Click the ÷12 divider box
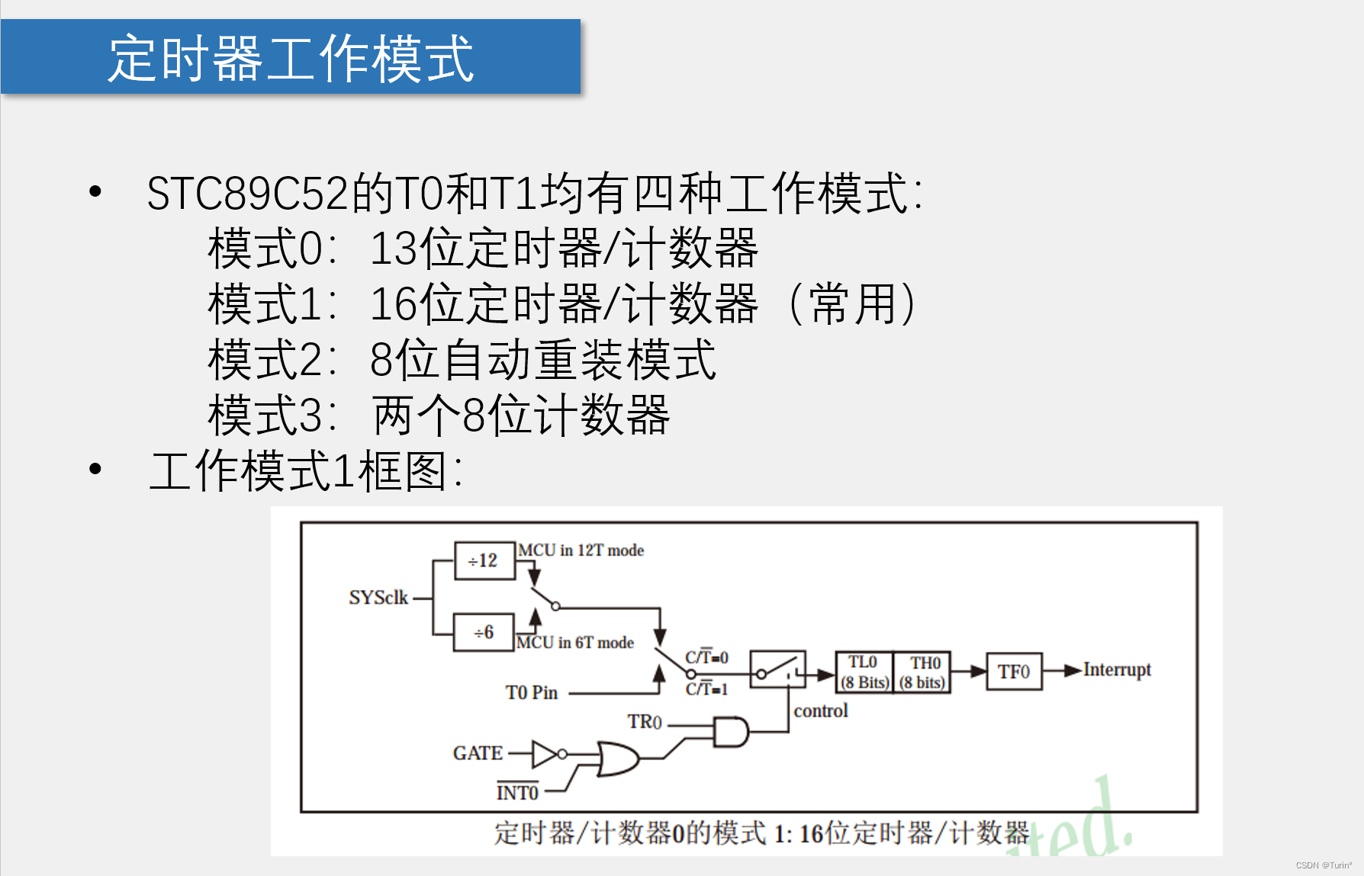(x=484, y=561)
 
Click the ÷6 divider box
(x=483, y=632)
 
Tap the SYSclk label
(x=378, y=598)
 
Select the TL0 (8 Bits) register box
(x=864, y=672)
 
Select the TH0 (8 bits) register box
(x=922, y=672)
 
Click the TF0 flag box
(x=1014, y=672)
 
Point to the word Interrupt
(x=1117, y=670)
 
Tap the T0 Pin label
(x=532, y=693)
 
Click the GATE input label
(x=478, y=753)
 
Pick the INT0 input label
(x=517, y=793)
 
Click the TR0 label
(x=645, y=722)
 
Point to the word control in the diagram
(x=821, y=711)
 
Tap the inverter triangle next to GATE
(x=545, y=754)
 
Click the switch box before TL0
(x=777, y=670)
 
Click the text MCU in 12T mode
(x=581, y=550)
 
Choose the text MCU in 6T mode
(x=575, y=643)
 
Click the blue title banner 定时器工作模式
(x=291, y=57)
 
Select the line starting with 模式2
(x=462, y=360)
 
